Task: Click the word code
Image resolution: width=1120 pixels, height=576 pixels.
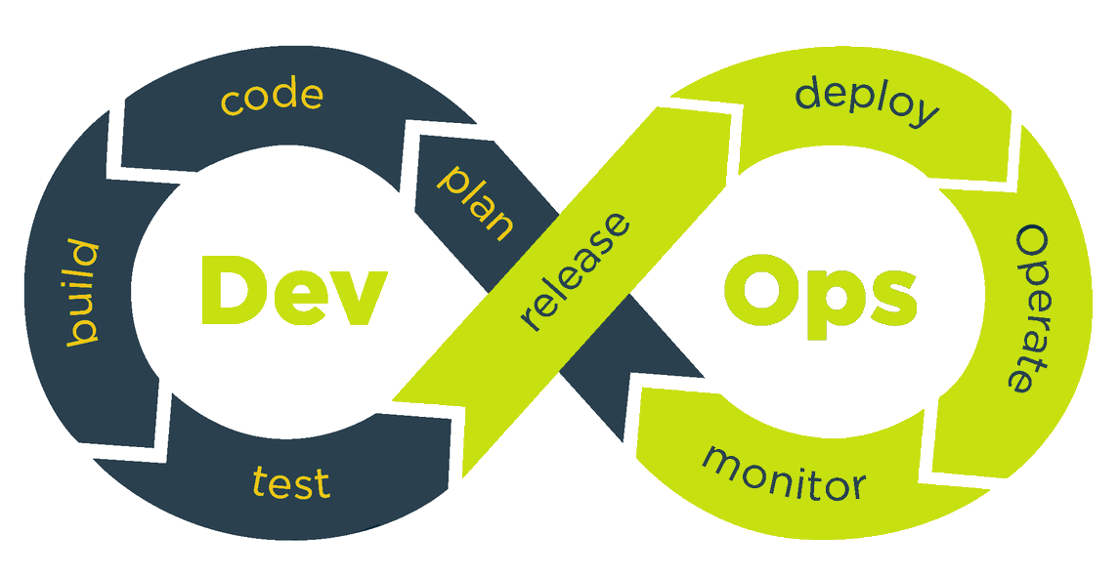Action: pyautogui.click(x=272, y=98)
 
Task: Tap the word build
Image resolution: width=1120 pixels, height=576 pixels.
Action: pyautogui.click(x=82, y=293)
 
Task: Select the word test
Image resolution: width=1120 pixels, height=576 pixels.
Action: pyautogui.click(x=290, y=482)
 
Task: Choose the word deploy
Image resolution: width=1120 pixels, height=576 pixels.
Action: pyautogui.click(x=866, y=101)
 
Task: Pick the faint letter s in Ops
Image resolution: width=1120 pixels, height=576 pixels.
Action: pyautogui.click(x=887, y=296)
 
